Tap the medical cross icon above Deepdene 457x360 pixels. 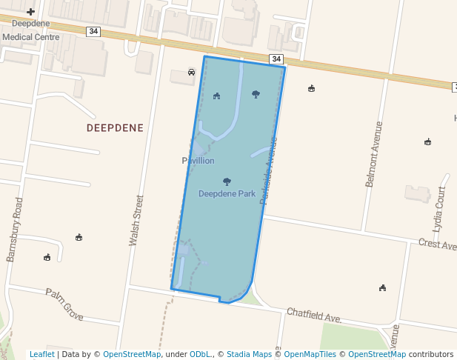30,12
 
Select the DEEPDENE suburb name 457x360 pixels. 115,127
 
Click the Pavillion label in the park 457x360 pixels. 198,161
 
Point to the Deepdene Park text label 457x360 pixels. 227,194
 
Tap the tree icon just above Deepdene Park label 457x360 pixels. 227,181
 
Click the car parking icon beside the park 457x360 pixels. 191,73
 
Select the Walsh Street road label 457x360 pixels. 136,220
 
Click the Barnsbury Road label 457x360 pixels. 15,230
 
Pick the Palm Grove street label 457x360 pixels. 64,304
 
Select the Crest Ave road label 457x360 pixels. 437,244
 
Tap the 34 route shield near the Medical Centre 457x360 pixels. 93,31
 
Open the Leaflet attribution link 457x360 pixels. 41,354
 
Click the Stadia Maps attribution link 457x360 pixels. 250,354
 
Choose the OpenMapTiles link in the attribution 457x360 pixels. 310,354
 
